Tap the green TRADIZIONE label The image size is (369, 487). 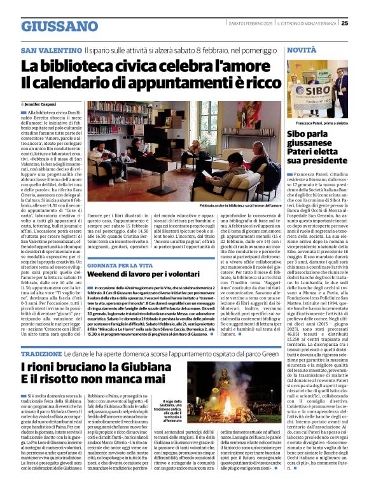[41, 352]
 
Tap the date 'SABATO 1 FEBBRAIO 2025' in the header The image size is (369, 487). [251, 24]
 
